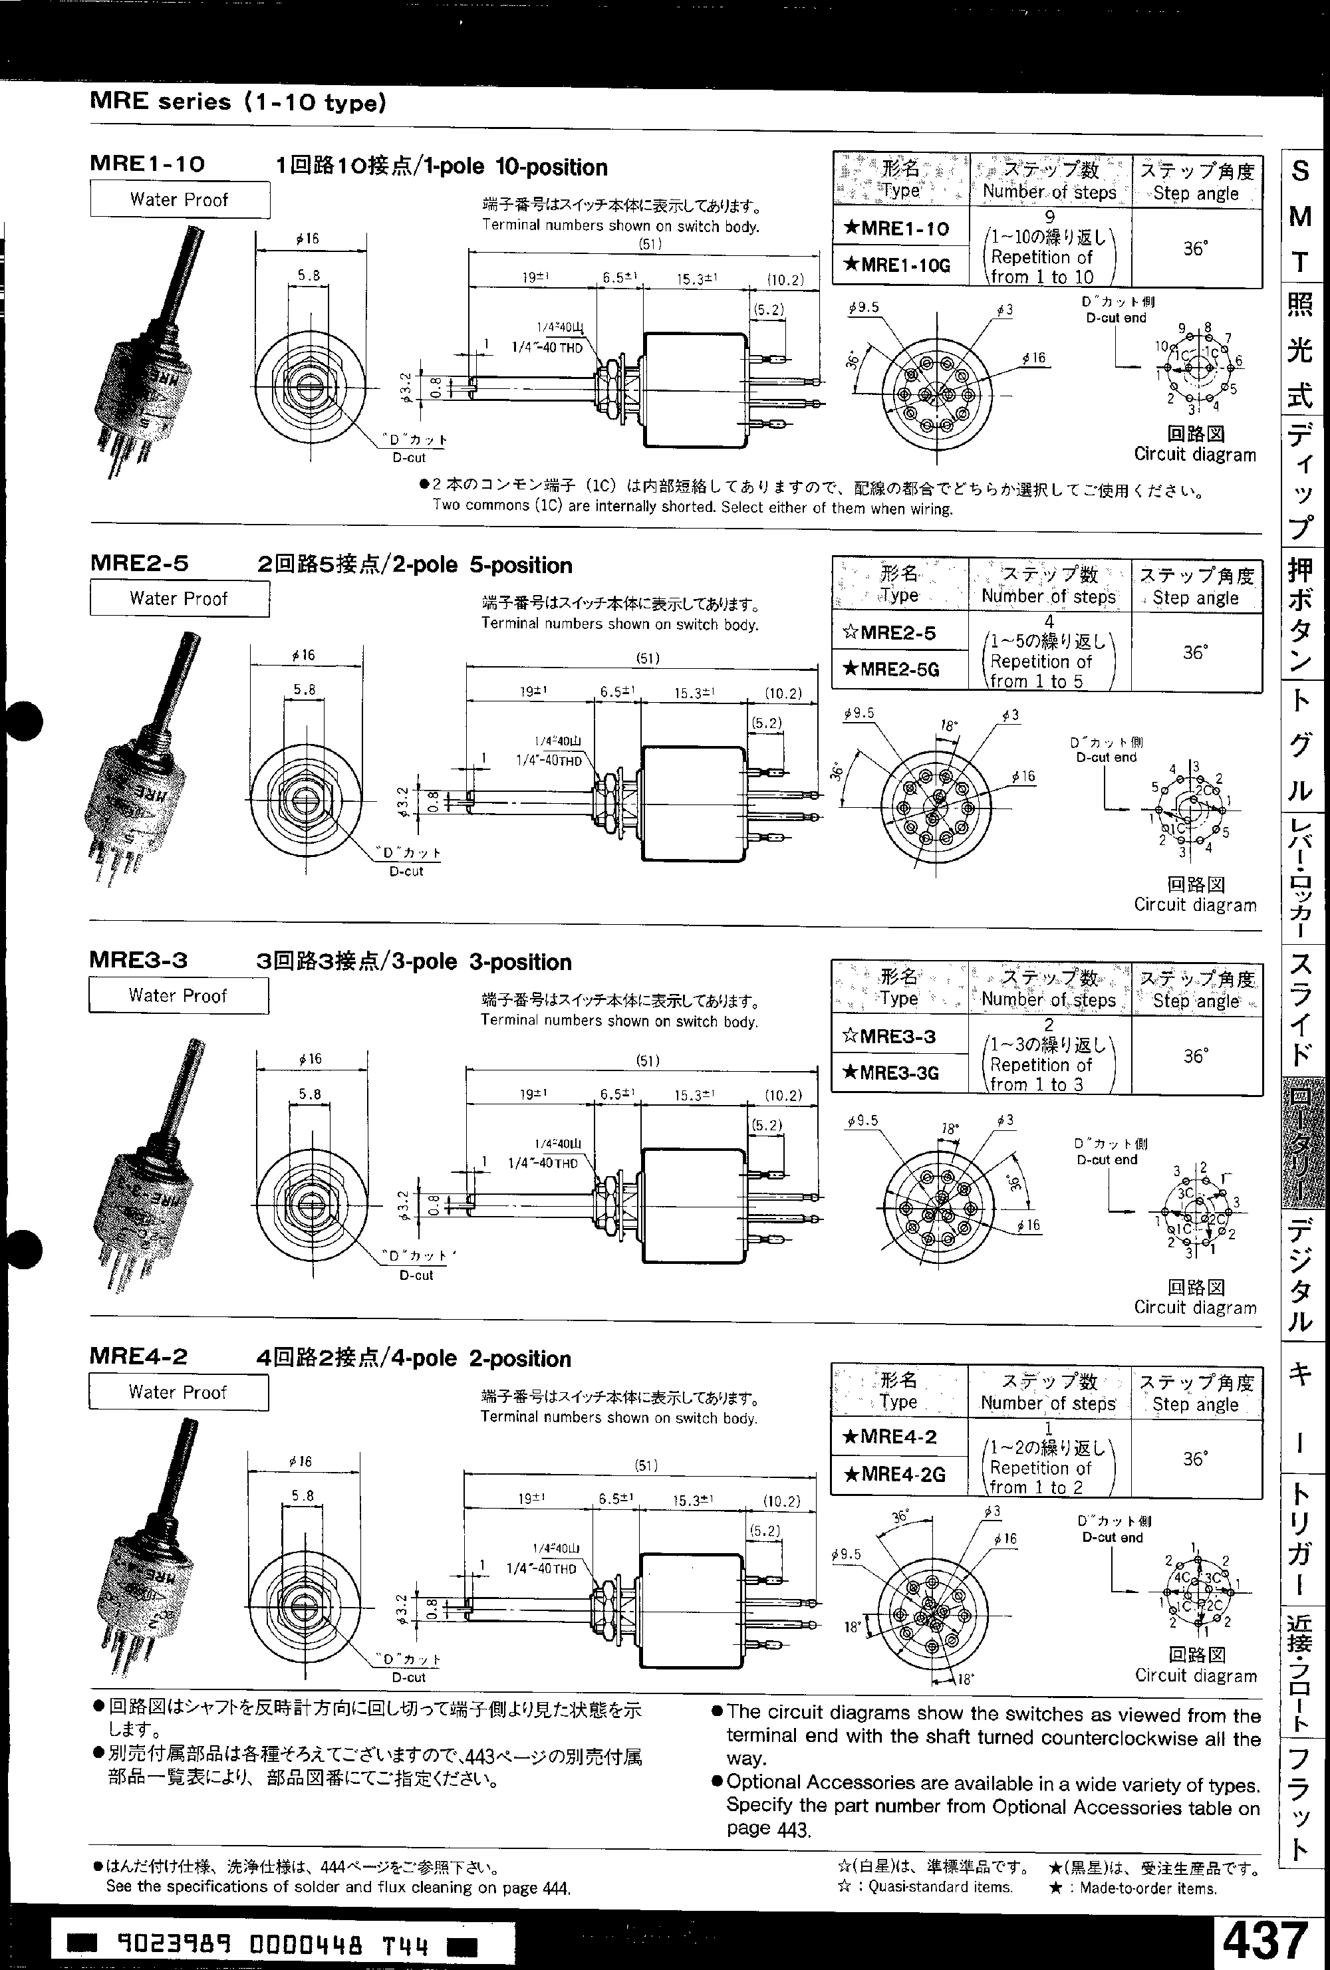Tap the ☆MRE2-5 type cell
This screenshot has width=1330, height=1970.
898,632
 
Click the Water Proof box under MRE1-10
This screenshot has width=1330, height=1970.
179,200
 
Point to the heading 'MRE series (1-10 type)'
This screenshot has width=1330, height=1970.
237,102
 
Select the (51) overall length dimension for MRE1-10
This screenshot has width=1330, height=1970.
648,244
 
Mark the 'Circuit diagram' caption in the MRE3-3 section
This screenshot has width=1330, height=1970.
1195,1307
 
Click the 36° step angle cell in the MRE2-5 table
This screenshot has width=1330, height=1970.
1195,652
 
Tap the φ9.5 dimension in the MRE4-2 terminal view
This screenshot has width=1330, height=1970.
845,1554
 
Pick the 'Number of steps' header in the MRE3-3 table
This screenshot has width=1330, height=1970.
1049,999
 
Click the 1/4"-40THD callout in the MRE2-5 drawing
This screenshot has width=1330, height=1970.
549,761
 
